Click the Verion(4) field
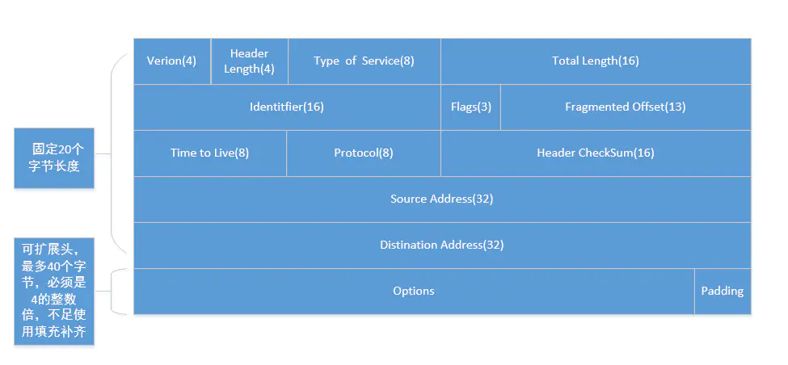[171, 61]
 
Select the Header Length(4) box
[249, 61]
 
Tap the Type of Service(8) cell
[364, 61]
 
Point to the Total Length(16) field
[596, 61]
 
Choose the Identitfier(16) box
[287, 107]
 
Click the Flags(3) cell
[470, 107]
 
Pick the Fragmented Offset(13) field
[625, 107]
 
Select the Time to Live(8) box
[209, 153]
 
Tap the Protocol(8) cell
[364, 153]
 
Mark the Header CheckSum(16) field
[596, 153]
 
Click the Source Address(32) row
[441, 199]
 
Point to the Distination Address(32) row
[441, 245]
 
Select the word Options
[414, 291]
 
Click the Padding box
[722, 291]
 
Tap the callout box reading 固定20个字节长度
[54, 157]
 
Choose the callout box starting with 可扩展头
[54, 291]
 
